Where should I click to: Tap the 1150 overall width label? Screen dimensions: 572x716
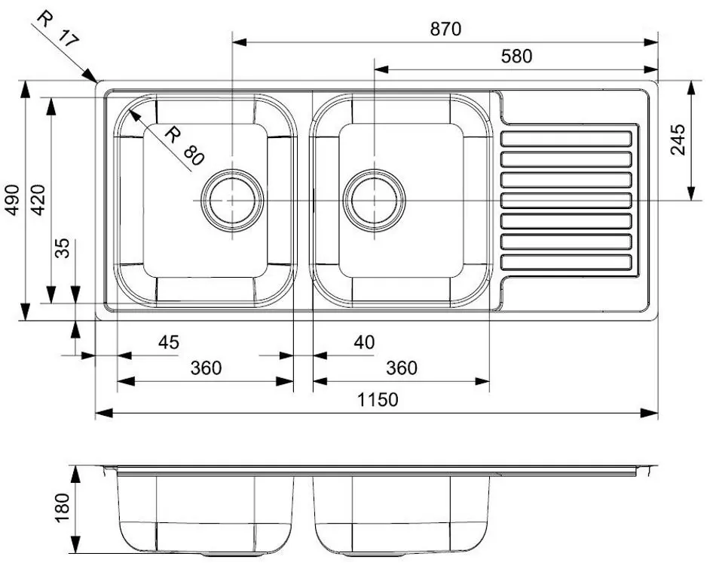[x=378, y=399]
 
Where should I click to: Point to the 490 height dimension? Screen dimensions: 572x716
[x=13, y=200]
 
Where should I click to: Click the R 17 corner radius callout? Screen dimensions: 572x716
[x=57, y=30]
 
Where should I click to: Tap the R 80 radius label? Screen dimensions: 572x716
[x=184, y=146]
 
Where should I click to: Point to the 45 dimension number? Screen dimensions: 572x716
[x=168, y=343]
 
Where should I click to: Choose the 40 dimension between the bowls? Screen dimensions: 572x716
[x=363, y=343]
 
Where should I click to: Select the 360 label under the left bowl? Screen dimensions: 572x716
[x=206, y=368]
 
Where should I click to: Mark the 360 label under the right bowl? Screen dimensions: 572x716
[x=401, y=368]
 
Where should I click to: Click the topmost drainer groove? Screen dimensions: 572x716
[x=566, y=139]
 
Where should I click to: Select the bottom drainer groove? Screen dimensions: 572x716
[x=566, y=262]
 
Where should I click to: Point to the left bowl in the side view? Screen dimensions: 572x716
[x=205, y=513]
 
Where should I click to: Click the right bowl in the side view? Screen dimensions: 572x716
[x=401, y=513]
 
